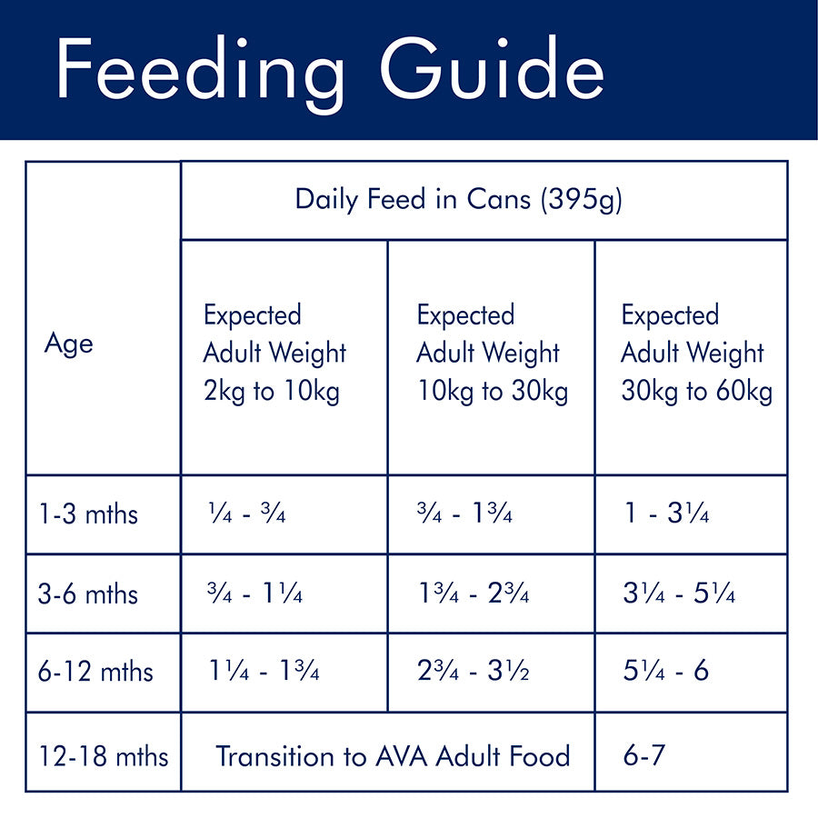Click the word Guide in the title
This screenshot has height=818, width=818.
pos(492,71)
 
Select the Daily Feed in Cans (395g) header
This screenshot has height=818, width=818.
pos(458,200)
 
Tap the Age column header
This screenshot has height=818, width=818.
pos(68,344)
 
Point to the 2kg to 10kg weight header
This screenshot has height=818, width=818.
pos(274,354)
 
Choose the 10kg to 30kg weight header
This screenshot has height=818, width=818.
pos(492,354)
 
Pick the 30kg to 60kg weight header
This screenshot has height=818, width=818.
pos(696,354)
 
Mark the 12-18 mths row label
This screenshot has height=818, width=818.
pos(104,755)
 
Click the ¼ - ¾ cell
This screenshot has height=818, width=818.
pos(246,514)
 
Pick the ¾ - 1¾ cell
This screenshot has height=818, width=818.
pos(464,514)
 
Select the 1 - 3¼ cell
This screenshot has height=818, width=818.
pos(666,514)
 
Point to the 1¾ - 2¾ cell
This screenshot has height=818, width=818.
pos(474,594)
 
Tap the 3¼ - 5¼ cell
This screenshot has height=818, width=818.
pos(679,594)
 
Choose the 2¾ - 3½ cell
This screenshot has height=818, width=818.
pos(474,673)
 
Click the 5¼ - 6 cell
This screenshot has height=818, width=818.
pos(666,673)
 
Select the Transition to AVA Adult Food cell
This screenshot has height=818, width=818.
pos(393,755)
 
